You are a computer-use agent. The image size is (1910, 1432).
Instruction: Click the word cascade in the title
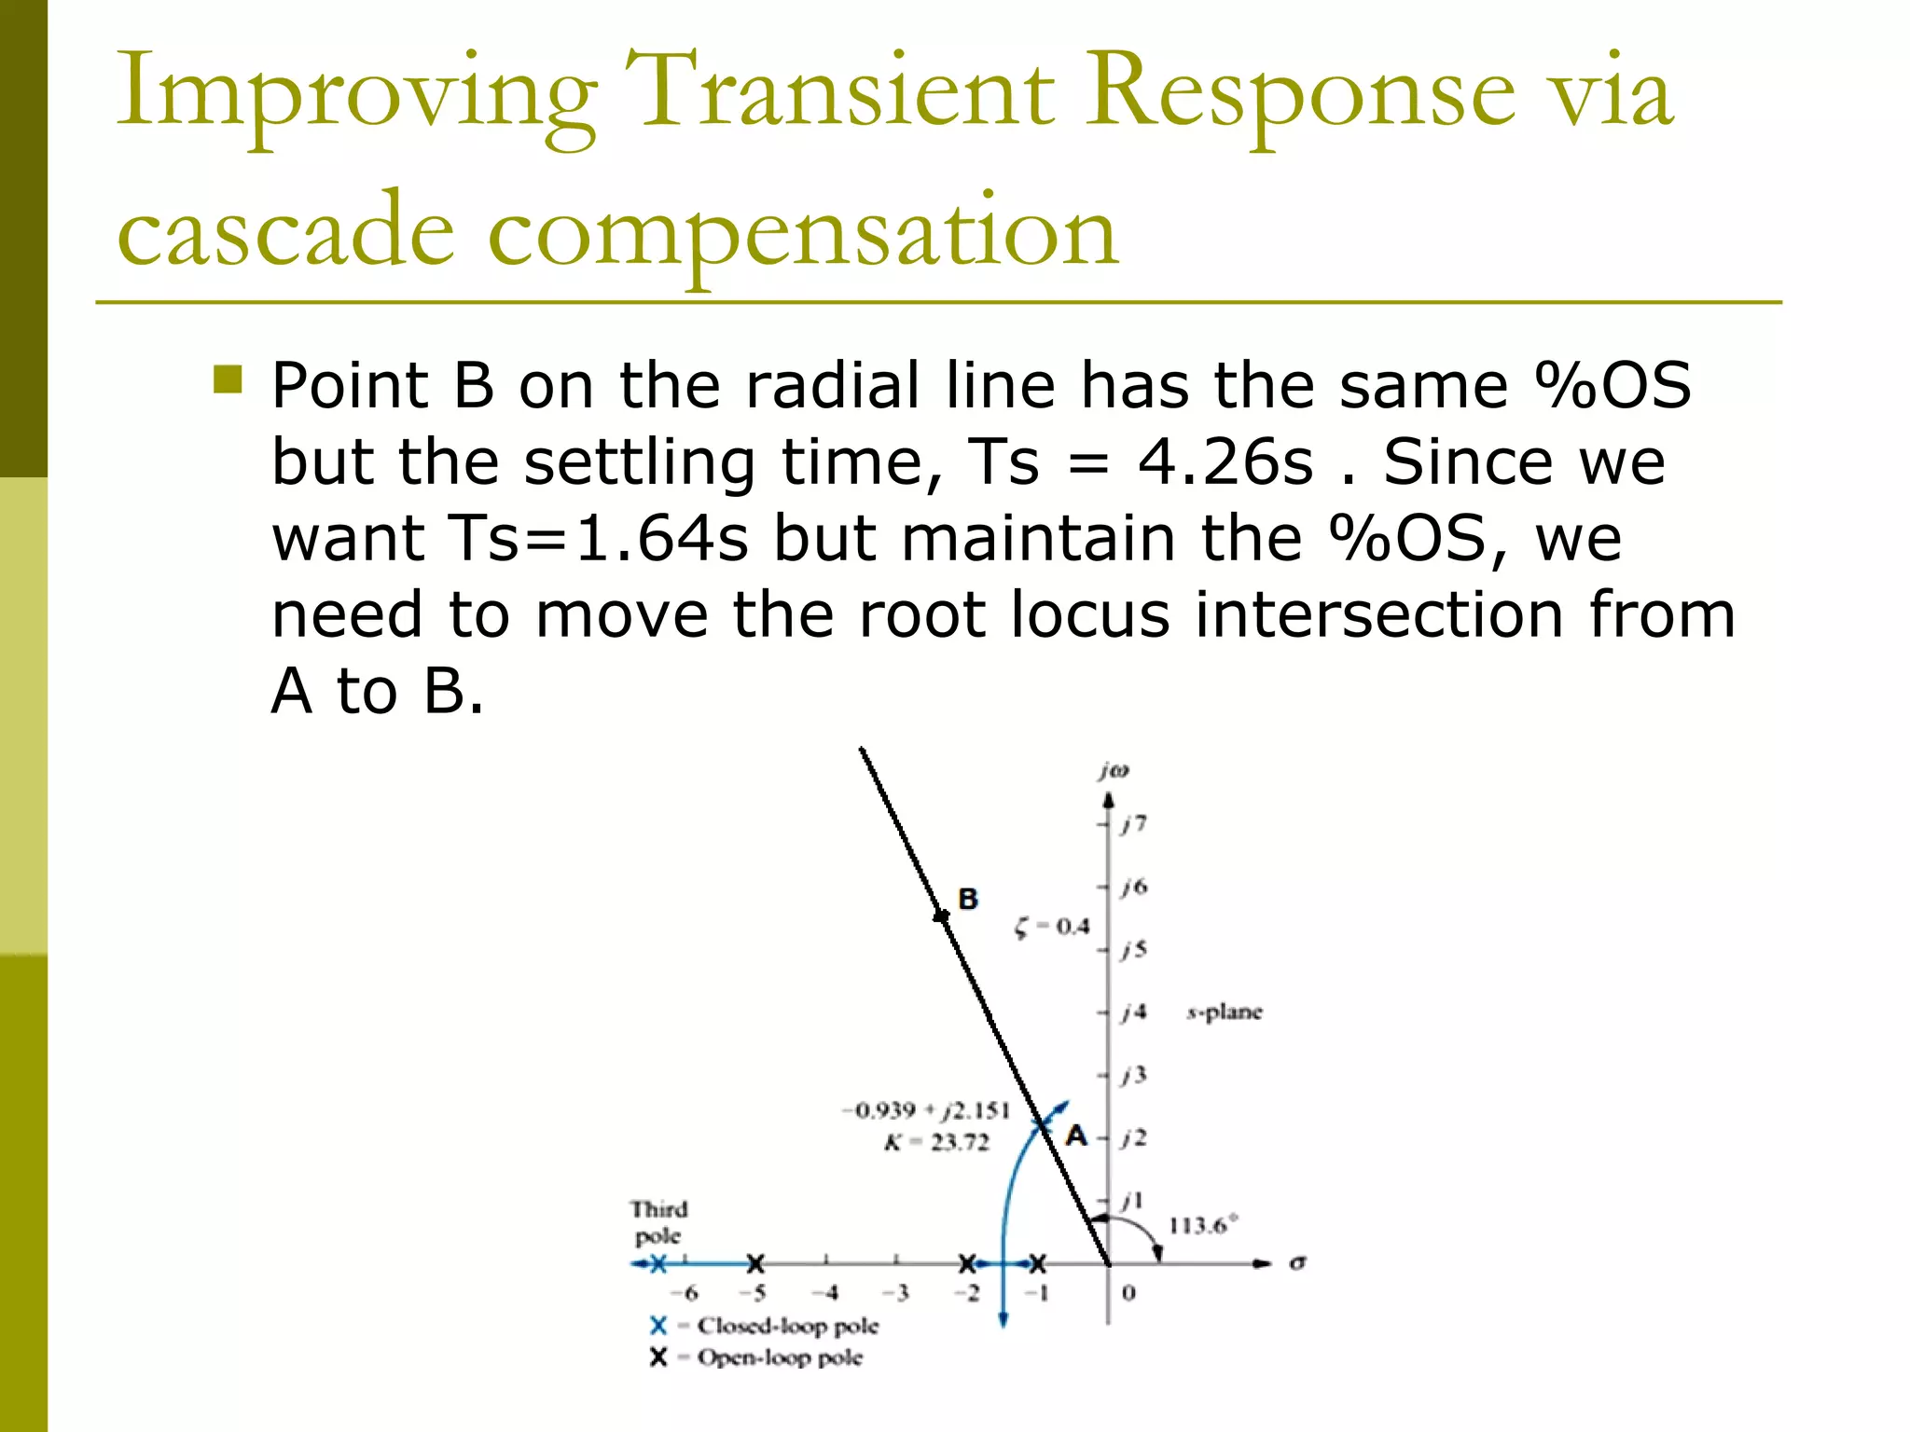[x=285, y=230]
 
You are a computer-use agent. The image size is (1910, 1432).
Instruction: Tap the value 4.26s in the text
[x=1224, y=461]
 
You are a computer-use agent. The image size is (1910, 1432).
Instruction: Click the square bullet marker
[x=228, y=379]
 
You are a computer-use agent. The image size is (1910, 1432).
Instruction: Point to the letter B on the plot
[x=968, y=899]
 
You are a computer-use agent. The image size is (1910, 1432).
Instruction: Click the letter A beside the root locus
[x=1076, y=1136]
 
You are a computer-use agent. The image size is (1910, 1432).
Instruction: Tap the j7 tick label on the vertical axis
[x=1134, y=823]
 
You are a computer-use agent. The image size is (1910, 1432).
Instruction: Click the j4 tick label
[x=1134, y=1012]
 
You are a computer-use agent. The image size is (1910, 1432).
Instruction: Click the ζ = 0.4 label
[x=1052, y=927]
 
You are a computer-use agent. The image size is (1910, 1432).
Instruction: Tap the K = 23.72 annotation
[x=935, y=1142]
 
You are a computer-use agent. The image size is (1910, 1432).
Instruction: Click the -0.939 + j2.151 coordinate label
[x=925, y=1110]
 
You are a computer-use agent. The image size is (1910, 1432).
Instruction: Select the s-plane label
[x=1224, y=1012]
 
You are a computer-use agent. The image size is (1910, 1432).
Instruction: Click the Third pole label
[x=658, y=1222]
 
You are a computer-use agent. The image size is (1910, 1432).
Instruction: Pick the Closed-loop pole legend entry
[x=786, y=1325]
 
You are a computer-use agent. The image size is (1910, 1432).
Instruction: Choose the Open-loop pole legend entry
[x=779, y=1357]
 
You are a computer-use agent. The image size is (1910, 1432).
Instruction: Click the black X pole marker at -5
[x=755, y=1264]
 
